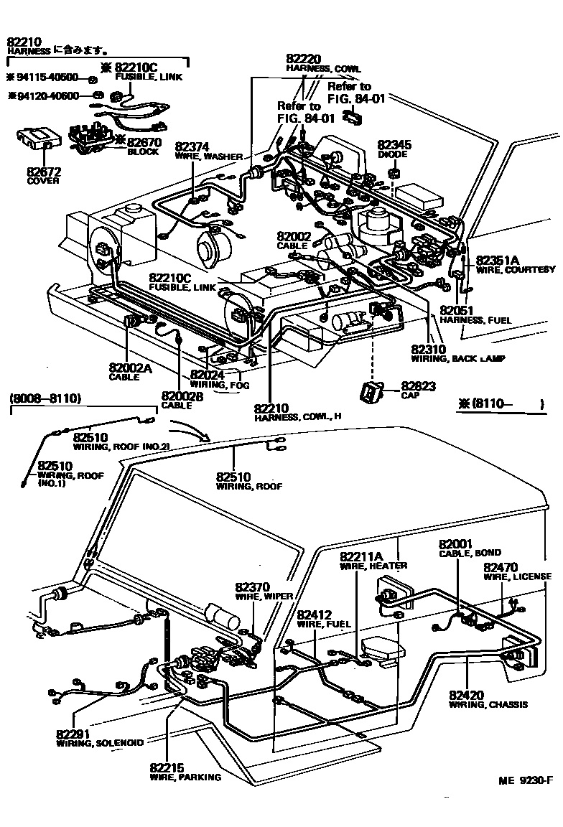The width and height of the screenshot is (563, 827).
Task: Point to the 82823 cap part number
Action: pyautogui.click(x=418, y=386)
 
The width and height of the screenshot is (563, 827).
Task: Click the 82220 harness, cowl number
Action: pyautogui.click(x=303, y=59)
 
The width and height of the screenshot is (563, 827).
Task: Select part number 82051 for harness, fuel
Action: pyautogui.click(x=457, y=311)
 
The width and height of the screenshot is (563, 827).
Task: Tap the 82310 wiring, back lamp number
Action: pyautogui.click(x=429, y=349)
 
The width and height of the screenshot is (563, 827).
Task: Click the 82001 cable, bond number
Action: pyautogui.click(x=457, y=544)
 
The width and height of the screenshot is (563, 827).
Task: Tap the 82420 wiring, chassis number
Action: pyautogui.click(x=467, y=695)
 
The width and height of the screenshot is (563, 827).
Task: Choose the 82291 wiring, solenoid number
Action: pyautogui.click(x=73, y=734)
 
